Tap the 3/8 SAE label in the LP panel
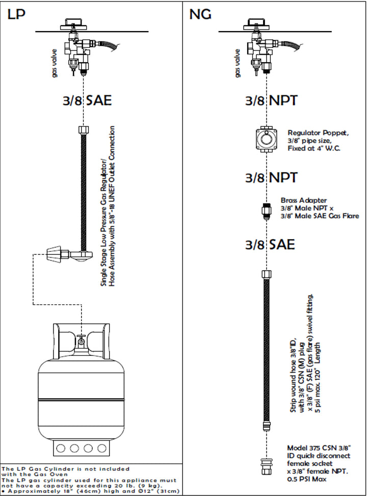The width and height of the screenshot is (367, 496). [x=84, y=100]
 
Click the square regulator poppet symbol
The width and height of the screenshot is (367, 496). [x=266, y=137]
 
